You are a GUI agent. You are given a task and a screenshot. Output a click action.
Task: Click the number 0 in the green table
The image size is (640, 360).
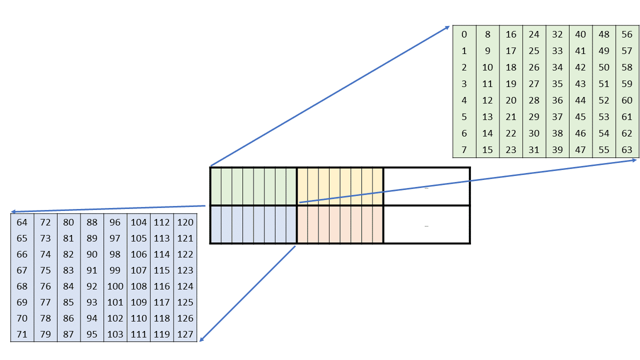[x=464, y=34]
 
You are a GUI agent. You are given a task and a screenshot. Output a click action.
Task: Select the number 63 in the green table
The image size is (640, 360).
[x=627, y=149]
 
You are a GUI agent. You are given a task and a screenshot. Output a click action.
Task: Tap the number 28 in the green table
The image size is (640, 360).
[x=534, y=100]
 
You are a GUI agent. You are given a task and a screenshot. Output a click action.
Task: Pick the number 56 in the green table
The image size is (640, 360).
[x=627, y=34]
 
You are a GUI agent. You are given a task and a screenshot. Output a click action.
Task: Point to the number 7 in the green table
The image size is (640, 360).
[x=464, y=149]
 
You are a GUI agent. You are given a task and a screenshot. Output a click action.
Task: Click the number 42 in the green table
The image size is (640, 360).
[x=580, y=67]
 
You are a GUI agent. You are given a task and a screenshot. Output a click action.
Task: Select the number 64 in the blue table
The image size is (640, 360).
[x=22, y=222]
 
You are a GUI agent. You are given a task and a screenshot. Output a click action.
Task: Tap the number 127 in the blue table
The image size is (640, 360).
[x=185, y=334]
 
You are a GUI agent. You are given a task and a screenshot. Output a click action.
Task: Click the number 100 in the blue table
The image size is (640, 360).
[x=115, y=286]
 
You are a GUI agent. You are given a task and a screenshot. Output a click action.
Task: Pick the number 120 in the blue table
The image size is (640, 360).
[x=185, y=222]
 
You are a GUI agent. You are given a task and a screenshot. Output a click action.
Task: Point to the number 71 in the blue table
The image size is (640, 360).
[x=22, y=334]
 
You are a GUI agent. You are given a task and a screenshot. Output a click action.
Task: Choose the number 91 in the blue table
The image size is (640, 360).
[x=92, y=270]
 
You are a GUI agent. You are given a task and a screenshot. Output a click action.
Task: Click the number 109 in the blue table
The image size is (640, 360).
[x=138, y=302]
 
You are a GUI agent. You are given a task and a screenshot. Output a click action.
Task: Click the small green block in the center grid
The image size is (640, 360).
[x=253, y=186]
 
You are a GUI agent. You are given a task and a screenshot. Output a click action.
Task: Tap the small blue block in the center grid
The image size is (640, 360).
[x=253, y=224]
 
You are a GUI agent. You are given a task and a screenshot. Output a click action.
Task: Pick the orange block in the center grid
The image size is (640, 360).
[x=340, y=224]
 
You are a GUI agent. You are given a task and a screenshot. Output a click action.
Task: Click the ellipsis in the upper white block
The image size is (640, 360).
[x=426, y=188]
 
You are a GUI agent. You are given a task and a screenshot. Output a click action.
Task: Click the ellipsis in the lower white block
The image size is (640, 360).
[x=426, y=226]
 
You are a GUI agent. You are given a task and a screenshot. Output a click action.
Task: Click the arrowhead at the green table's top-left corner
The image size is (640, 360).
[x=447, y=27]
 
